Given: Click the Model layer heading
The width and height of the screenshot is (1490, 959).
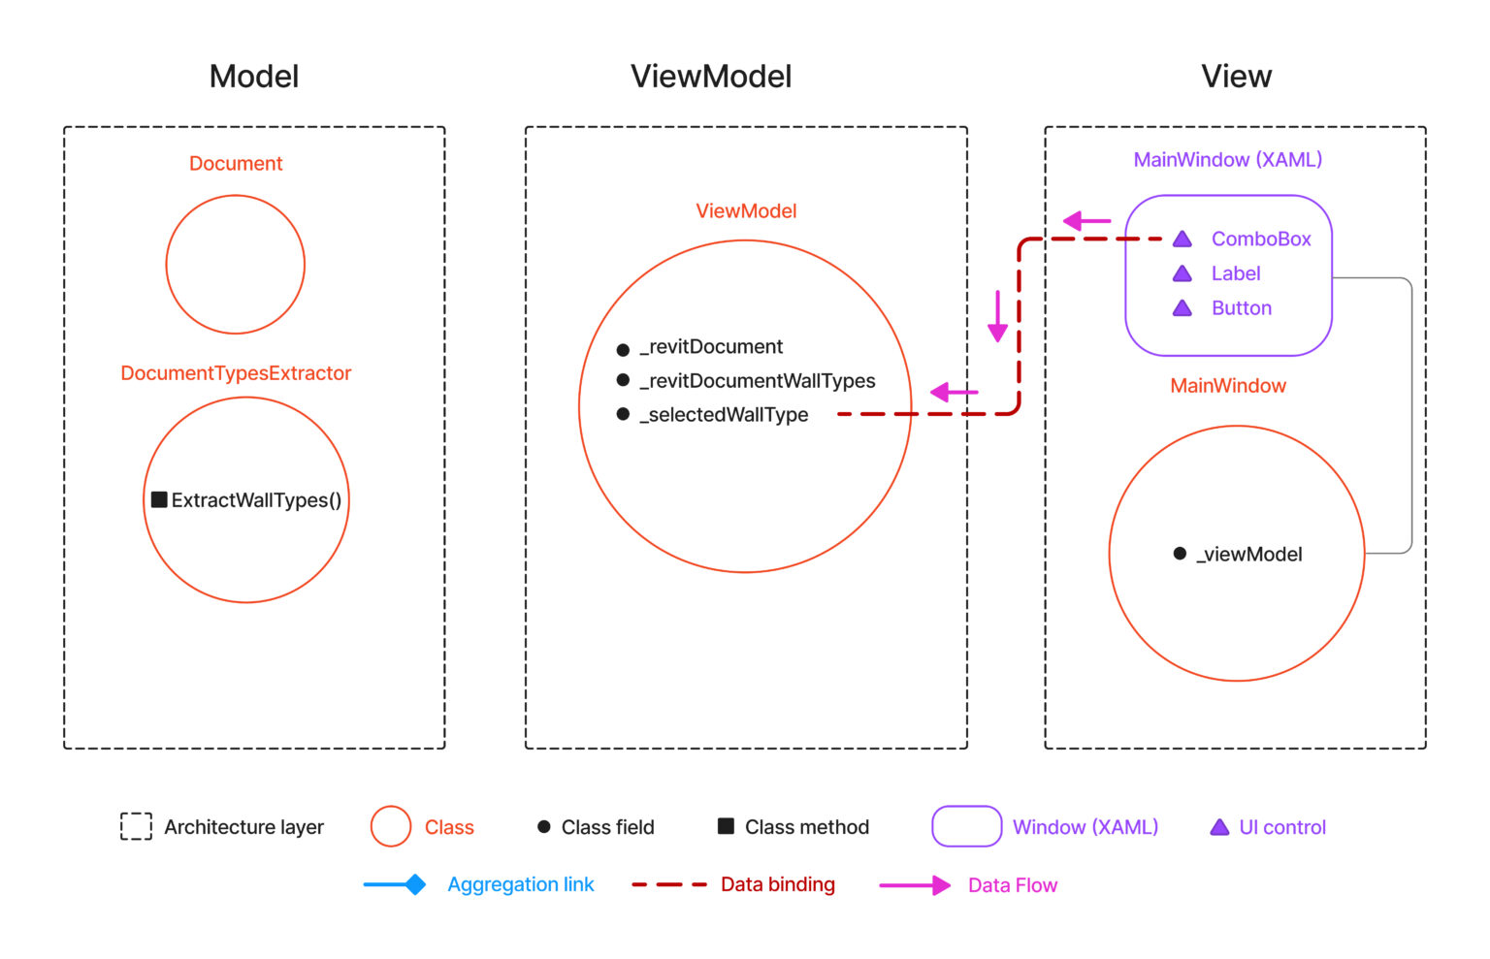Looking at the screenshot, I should pos(254,77).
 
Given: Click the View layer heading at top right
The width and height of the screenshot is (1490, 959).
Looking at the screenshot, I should pos(1236,77).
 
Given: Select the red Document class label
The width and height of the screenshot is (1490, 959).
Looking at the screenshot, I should pos(236,164).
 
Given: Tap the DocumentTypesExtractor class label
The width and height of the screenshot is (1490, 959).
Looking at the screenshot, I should pos(236,373).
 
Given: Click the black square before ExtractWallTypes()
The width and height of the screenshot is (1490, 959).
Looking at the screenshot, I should pos(159,499).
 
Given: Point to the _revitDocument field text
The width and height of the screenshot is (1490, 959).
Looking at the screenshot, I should pos(711,347).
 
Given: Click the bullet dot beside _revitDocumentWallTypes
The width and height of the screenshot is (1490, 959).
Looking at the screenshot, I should pos(623,380).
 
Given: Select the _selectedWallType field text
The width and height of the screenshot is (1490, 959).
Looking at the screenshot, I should pos(724,415).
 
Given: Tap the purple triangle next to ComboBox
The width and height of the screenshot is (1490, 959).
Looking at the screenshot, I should pos(1182,240).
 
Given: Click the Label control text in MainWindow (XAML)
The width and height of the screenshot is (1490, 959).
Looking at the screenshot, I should pos(1236,273).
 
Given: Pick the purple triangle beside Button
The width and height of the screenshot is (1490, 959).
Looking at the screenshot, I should pos(1182,308).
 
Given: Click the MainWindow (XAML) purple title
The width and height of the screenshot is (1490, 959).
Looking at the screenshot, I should pos(1228,160).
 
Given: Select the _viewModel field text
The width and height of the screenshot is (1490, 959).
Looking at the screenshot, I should pos(1249,555).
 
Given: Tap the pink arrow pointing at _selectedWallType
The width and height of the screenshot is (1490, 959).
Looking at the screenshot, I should pos(954,392).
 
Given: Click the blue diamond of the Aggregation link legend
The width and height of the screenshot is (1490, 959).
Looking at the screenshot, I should pos(415,884).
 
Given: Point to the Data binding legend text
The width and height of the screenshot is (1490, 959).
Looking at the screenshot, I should pos(778,884).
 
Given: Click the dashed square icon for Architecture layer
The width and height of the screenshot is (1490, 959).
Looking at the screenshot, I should pos(136,826).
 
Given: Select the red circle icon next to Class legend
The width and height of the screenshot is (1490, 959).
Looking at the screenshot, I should pos(391,826).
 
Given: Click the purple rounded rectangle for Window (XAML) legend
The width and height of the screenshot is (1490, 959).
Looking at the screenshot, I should pos(966,826).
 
